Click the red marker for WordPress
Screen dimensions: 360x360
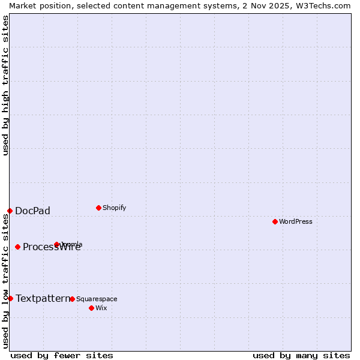tap(275, 222)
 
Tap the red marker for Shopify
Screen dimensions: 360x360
tap(98, 208)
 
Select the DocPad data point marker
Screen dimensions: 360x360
tap(10, 211)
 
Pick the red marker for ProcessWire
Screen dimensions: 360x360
tap(17, 247)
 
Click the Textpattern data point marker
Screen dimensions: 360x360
tap(10, 298)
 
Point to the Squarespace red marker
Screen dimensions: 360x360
tap(72, 299)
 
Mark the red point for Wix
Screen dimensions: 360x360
tap(91, 308)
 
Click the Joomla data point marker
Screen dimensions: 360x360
tap(56, 244)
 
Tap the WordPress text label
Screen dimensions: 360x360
tap(296, 222)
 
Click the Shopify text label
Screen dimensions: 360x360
tap(114, 208)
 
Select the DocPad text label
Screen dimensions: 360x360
tap(32, 211)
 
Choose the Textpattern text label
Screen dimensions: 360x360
tap(42, 298)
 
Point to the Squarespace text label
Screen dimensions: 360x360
tap(97, 299)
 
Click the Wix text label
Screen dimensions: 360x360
tap(101, 308)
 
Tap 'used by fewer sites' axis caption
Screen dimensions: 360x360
tap(62, 355)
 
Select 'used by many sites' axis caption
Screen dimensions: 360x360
tap(301, 355)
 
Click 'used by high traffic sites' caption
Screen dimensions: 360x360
tap(5, 85)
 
